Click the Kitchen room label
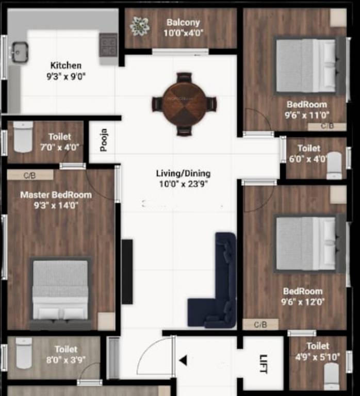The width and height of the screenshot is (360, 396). click(66, 65)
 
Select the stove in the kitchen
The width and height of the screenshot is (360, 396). click(108, 45)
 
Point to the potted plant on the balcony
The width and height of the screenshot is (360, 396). click(139, 26)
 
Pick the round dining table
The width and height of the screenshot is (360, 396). click(184, 103)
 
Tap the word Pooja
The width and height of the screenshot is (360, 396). click(104, 139)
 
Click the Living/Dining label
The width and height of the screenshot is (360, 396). click(183, 173)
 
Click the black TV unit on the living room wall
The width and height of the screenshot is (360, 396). click(127, 271)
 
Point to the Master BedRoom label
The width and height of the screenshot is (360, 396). click(56, 195)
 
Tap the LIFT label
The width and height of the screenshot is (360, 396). click(264, 360)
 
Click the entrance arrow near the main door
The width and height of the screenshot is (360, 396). click(183, 360)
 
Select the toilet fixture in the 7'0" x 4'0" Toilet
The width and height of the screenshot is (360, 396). click(23, 137)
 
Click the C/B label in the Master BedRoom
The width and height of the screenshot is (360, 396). click(30, 175)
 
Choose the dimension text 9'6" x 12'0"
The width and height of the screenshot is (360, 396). click(303, 302)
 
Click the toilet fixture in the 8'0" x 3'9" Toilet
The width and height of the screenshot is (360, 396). click(24, 353)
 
